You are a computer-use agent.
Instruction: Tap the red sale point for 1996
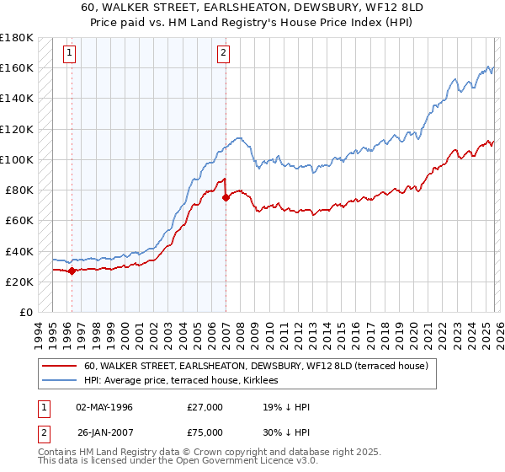(x=72, y=271)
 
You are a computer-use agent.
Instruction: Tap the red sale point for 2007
(x=226, y=198)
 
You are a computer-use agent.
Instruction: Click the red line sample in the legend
(x=59, y=367)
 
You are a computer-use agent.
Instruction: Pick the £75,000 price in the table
(x=205, y=436)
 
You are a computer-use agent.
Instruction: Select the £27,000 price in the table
(x=205, y=407)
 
